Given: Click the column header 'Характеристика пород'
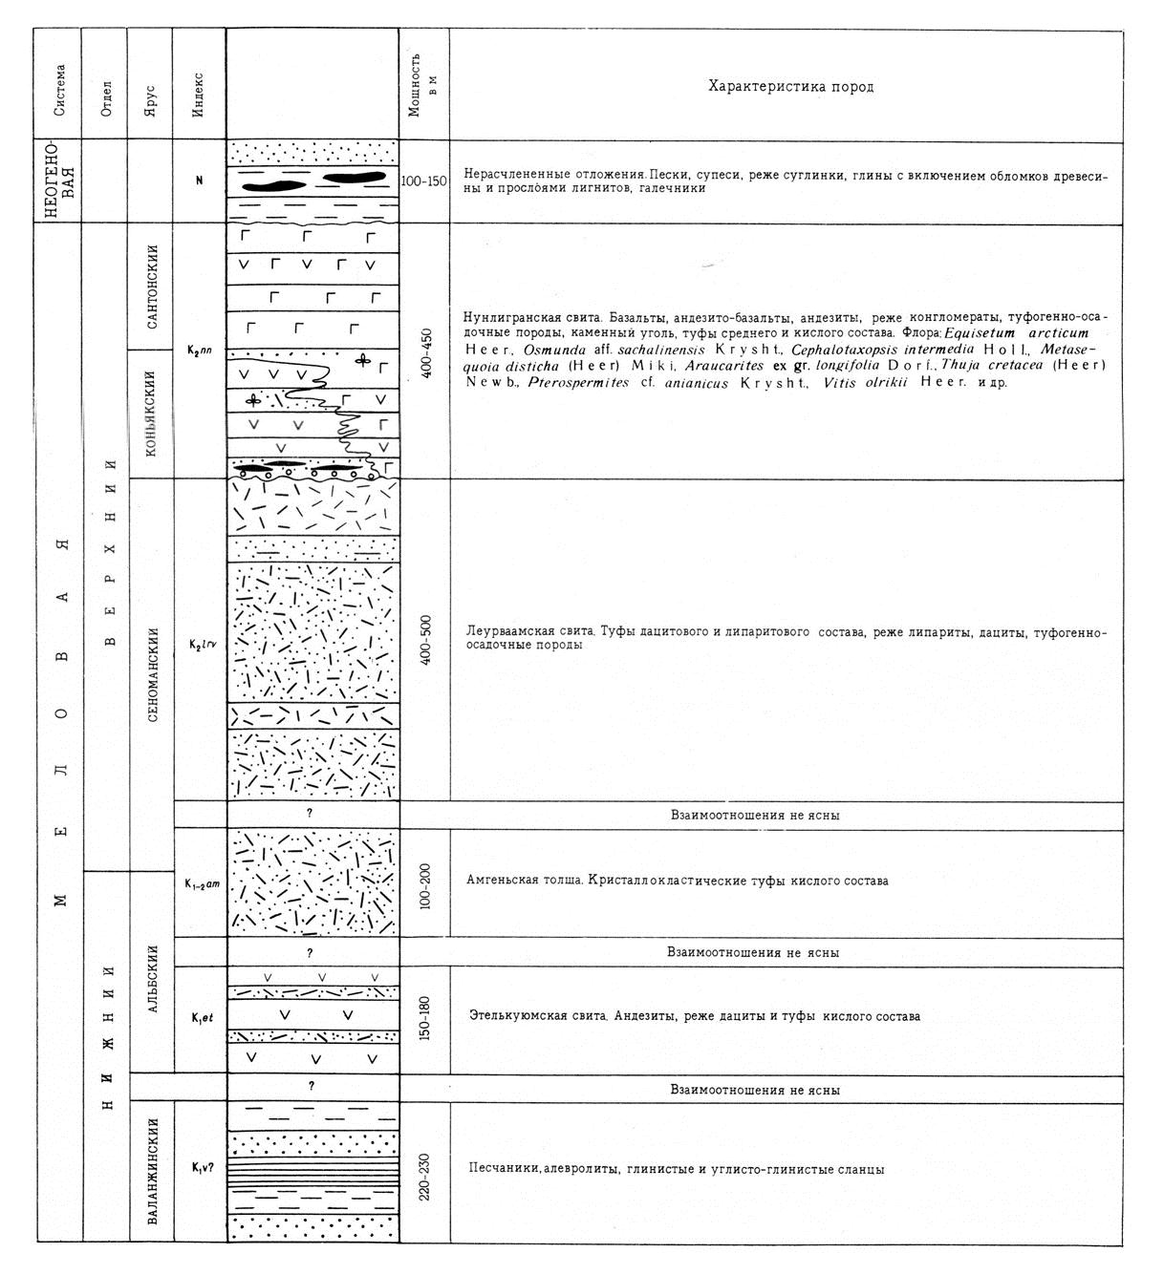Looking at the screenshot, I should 790,87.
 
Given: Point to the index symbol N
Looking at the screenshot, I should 199,181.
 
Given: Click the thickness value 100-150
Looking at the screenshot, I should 424,181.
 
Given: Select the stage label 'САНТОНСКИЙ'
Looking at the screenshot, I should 151,287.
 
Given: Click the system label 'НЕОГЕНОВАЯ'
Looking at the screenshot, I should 57,181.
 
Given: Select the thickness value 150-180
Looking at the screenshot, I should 424,1019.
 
